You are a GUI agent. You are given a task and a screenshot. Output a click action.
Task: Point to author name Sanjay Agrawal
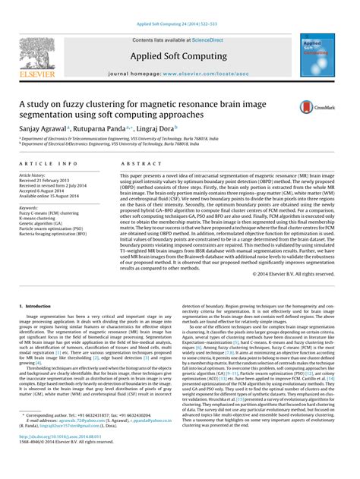coord(44,130)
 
